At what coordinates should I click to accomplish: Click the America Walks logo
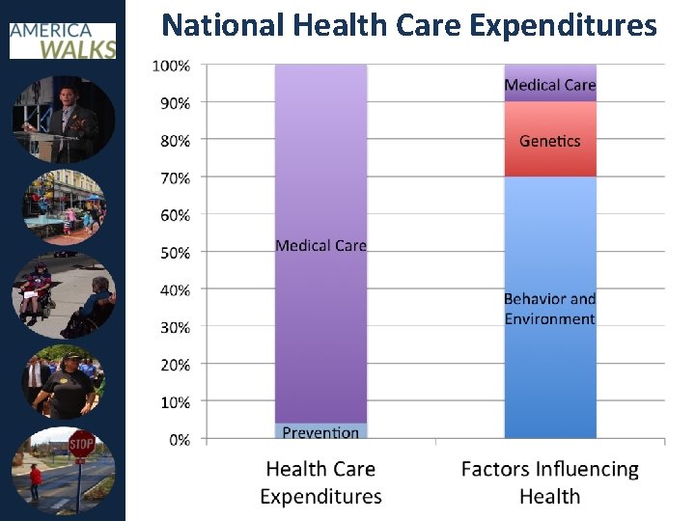[x=63, y=38]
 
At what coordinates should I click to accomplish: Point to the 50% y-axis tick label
[x=174, y=253]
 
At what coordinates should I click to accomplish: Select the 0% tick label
[x=179, y=440]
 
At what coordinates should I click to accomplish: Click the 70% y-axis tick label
[x=174, y=178]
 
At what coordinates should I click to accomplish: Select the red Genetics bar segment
[x=550, y=140]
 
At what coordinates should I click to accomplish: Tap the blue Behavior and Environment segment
[x=550, y=309]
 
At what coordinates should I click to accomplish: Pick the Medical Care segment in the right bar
[x=550, y=84]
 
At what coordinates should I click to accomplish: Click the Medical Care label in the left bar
[x=320, y=246]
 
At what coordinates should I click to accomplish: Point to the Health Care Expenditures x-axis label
[x=320, y=482]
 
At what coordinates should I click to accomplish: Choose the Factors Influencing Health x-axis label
[x=550, y=482]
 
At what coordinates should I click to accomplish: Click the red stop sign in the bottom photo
[x=81, y=446]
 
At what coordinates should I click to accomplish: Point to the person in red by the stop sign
[x=36, y=479]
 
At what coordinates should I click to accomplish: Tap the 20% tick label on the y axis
[x=174, y=365]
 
